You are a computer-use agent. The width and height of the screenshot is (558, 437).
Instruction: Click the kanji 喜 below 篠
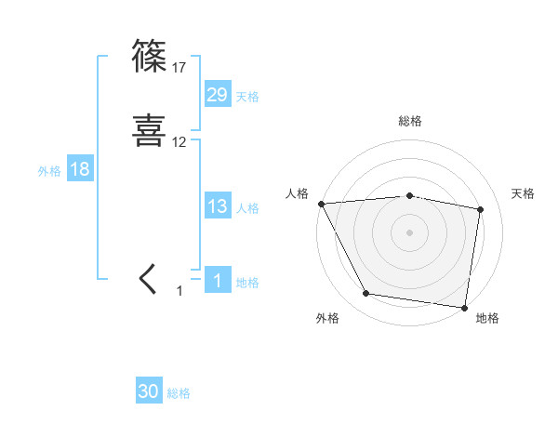click(x=151, y=130)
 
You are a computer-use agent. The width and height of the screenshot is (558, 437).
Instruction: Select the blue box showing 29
click(x=218, y=95)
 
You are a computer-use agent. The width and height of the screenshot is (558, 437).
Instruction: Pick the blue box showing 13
click(x=218, y=206)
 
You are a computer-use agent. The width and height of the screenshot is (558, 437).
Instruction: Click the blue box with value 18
click(x=79, y=169)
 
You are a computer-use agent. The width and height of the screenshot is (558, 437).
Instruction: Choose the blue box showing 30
click(x=149, y=391)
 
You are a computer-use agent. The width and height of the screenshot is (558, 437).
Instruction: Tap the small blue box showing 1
click(x=218, y=281)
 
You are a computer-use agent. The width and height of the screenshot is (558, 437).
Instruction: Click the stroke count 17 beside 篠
click(x=179, y=68)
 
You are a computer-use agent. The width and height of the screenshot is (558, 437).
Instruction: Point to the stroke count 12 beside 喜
click(x=179, y=142)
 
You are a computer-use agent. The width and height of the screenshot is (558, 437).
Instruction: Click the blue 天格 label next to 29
click(x=247, y=97)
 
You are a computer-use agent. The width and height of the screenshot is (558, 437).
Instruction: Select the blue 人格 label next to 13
click(x=247, y=208)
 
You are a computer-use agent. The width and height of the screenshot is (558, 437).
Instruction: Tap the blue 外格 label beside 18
click(x=49, y=171)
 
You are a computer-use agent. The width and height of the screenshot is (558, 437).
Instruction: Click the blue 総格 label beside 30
click(x=179, y=393)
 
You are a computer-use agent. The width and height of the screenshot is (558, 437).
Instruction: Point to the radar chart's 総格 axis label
click(x=410, y=121)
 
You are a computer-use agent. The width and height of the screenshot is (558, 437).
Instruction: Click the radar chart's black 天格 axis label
click(x=523, y=193)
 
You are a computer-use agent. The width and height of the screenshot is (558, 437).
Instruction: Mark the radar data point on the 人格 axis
click(x=321, y=204)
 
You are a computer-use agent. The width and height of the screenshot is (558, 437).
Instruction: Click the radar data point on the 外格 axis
click(x=366, y=294)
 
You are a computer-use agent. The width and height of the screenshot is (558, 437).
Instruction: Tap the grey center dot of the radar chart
click(x=410, y=232)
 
